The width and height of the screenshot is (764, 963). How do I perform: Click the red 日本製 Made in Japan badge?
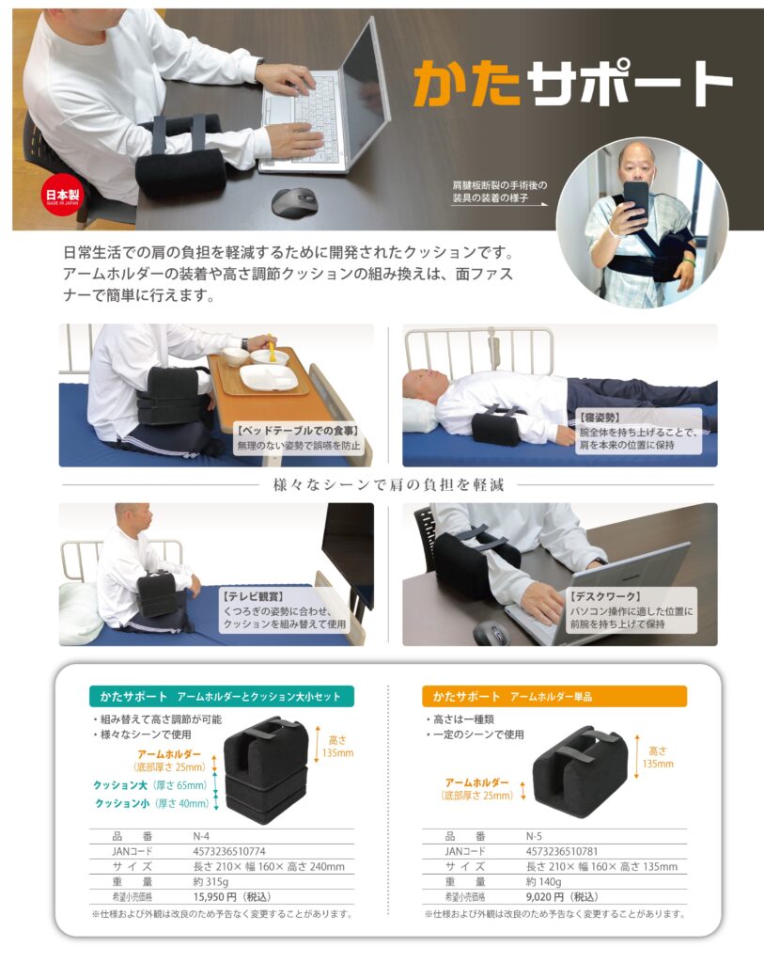[x=62, y=197]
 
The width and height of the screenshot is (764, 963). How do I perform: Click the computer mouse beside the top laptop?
[x=294, y=202]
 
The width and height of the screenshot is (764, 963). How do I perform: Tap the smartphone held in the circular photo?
[x=636, y=199]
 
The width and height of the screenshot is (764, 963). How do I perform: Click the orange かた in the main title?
[x=467, y=83]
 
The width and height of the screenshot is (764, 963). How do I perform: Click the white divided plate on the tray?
[x=269, y=377]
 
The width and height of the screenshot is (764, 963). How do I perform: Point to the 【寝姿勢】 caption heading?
[x=600, y=418]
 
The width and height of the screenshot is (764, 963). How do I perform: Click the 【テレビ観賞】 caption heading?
[x=253, y=596]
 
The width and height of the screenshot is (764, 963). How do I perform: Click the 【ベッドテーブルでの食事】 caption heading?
[x=298, y=431]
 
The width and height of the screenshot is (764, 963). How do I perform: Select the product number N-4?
[x=201, y=836]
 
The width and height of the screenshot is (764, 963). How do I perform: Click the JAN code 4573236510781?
[x=562, y=851]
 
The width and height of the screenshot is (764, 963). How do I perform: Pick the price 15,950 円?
[x=215, y=896]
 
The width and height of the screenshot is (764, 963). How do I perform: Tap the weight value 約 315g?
[x=210, y=881]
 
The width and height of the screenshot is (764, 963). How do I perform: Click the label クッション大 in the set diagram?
[x=120, y=785]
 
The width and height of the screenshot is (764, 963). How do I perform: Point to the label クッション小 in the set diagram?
[x=122, y=803]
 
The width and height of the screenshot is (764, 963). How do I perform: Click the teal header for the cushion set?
[x=222, y=697]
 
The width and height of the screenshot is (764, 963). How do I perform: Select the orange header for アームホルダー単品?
[x=554, y=697]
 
